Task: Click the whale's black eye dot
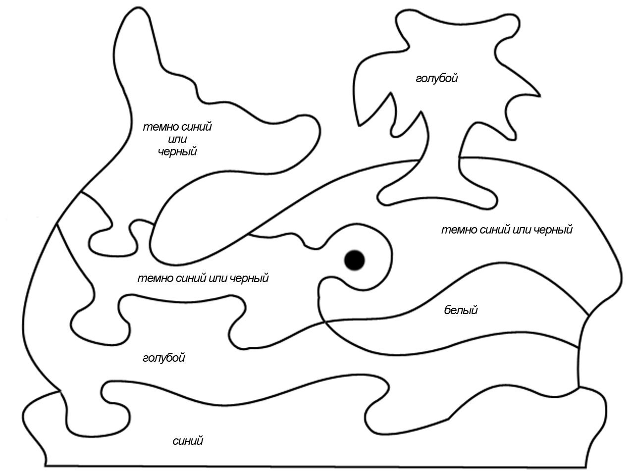click(355, 260)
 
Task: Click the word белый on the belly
click(461, 310)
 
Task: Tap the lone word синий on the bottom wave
click(188, 441)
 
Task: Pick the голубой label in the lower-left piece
click(164, 358)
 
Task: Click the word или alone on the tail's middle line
click(177, 140)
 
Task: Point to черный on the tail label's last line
click(177, 151)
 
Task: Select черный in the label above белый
click(553, 230)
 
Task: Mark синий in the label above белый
click(494, 230)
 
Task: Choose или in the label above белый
click(522, 230)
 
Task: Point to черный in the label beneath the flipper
click(249, 279)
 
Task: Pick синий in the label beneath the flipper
click(191, 279)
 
